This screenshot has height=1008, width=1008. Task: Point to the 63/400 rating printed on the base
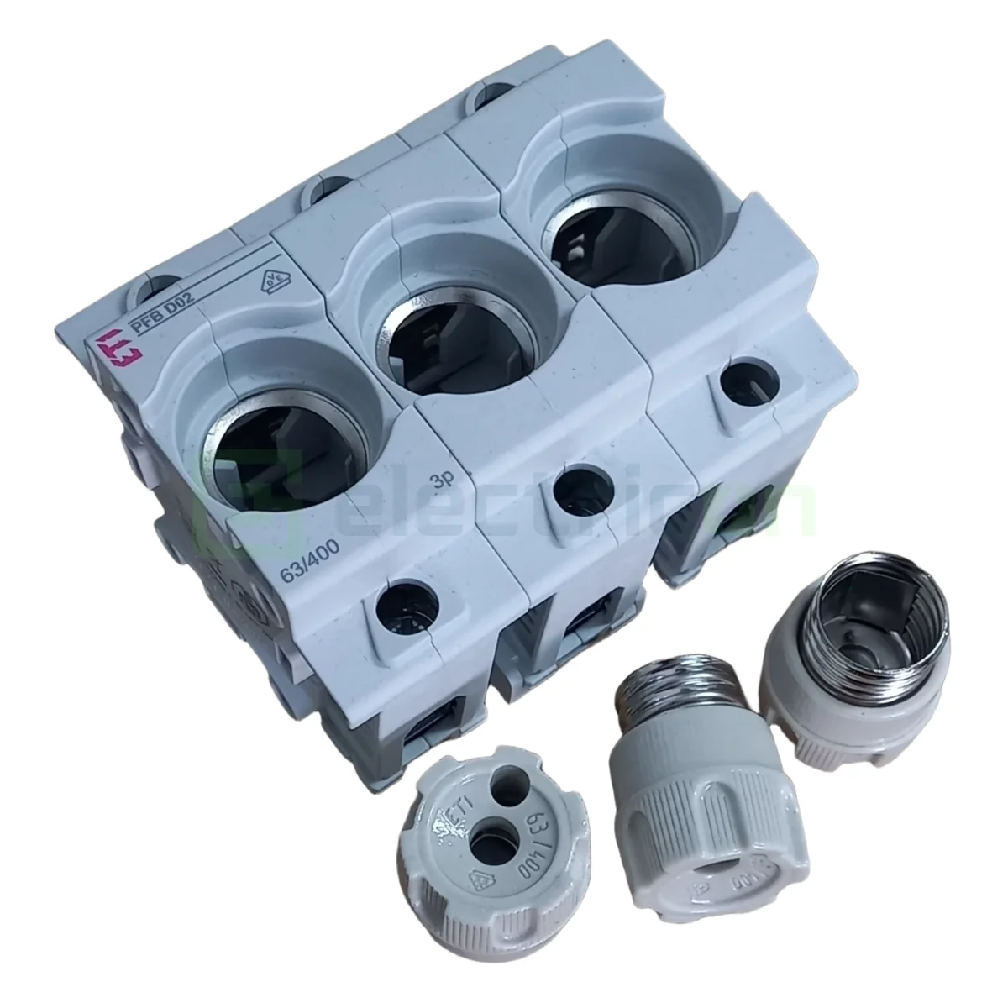click(x=304, y=576)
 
